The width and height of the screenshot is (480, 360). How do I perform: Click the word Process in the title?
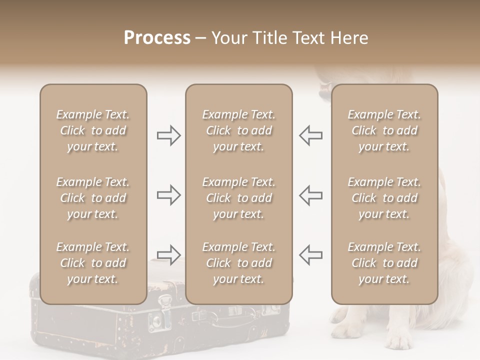click(157, 38)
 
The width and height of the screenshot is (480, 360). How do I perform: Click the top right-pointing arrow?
click(168, 135)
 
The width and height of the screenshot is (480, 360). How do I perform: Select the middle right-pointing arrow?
click(168, 195)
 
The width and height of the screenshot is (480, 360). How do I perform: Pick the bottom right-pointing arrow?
click(168, 254)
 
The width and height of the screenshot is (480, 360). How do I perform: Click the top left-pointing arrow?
click(310, 135)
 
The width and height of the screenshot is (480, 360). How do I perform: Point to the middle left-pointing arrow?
click(310, 195)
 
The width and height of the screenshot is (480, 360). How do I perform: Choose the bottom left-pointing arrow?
click(310, 254)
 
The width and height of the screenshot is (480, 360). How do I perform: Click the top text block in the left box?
click(93, 130)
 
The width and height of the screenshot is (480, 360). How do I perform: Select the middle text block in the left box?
click(93, 198)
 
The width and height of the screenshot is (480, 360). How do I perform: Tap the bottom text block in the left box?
click(93, 263)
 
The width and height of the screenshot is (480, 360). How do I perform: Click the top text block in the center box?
click(239, 130)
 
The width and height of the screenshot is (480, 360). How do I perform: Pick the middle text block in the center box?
click(239, 198)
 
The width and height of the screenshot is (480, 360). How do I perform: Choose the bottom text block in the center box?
click(239, 263)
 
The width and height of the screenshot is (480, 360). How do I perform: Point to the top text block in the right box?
click(384, 130)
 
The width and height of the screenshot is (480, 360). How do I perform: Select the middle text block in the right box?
click(384, 198)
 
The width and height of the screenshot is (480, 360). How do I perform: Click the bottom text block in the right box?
click(384, 263)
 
